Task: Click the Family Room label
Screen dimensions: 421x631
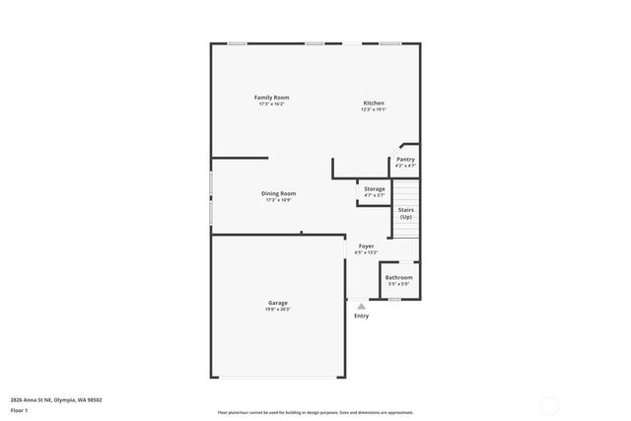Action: [272, 97]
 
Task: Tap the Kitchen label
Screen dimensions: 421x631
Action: [374, 103]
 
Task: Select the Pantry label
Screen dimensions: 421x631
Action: [405, 159]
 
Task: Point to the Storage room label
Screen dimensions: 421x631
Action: [375, 188]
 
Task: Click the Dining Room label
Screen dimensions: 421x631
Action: [278, 193]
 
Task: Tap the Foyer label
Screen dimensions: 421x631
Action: [366, 246]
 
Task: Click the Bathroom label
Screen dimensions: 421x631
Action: [398, 277]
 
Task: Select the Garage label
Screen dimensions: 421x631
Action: [278, 302]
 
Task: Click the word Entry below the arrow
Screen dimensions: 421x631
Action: [361, 316]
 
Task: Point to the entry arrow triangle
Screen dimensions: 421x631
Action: [361, 306]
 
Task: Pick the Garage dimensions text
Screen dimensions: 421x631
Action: [278, 310]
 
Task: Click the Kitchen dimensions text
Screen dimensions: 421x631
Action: [374, 109]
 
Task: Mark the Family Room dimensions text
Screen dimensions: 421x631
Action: [272, 104]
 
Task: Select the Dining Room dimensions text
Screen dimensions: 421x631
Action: [278, 200]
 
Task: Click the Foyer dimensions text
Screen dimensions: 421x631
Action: [366, 252]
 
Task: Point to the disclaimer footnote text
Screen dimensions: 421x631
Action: [315, 412]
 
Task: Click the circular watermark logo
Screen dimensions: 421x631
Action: [549, 403]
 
